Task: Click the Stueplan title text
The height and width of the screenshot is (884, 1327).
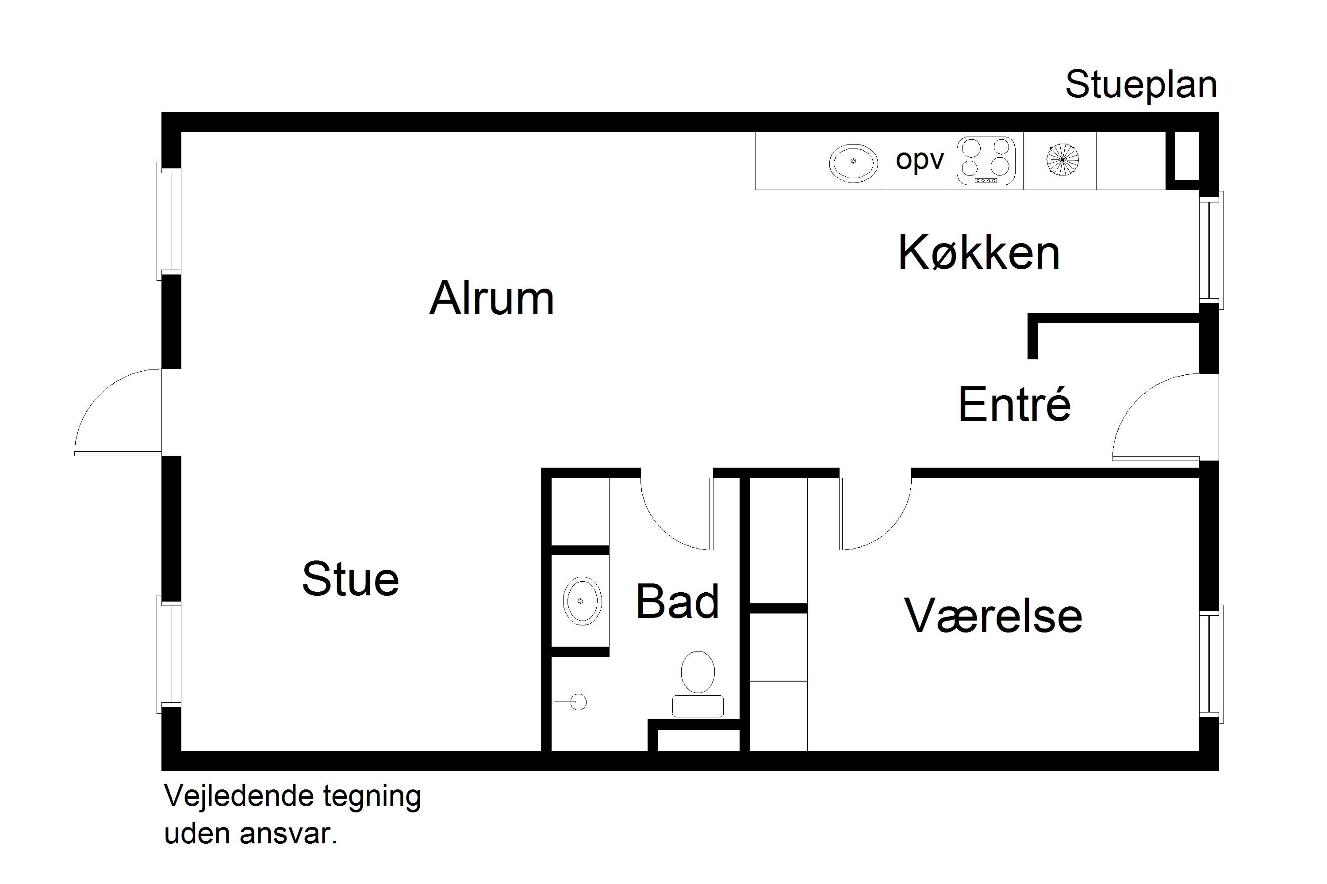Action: click(1140, 86)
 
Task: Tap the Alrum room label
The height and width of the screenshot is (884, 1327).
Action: click(491, 298)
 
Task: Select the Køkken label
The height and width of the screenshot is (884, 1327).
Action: click(979, 253)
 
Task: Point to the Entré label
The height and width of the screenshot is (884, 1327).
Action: click(1014, 404)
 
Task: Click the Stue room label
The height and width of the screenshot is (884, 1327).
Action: click(350, 579)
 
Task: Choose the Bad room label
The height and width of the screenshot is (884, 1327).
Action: click(677, 602)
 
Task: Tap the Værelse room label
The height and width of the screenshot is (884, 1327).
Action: click(993, 616)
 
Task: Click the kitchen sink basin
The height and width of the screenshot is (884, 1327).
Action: click(853, 162)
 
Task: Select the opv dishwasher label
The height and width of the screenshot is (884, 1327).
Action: click(919, 160)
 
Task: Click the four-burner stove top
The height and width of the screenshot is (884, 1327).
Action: click(986, 161)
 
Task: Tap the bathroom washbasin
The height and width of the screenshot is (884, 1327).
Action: click(582, 601)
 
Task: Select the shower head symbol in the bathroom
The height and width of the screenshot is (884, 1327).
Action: click(577, 702)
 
